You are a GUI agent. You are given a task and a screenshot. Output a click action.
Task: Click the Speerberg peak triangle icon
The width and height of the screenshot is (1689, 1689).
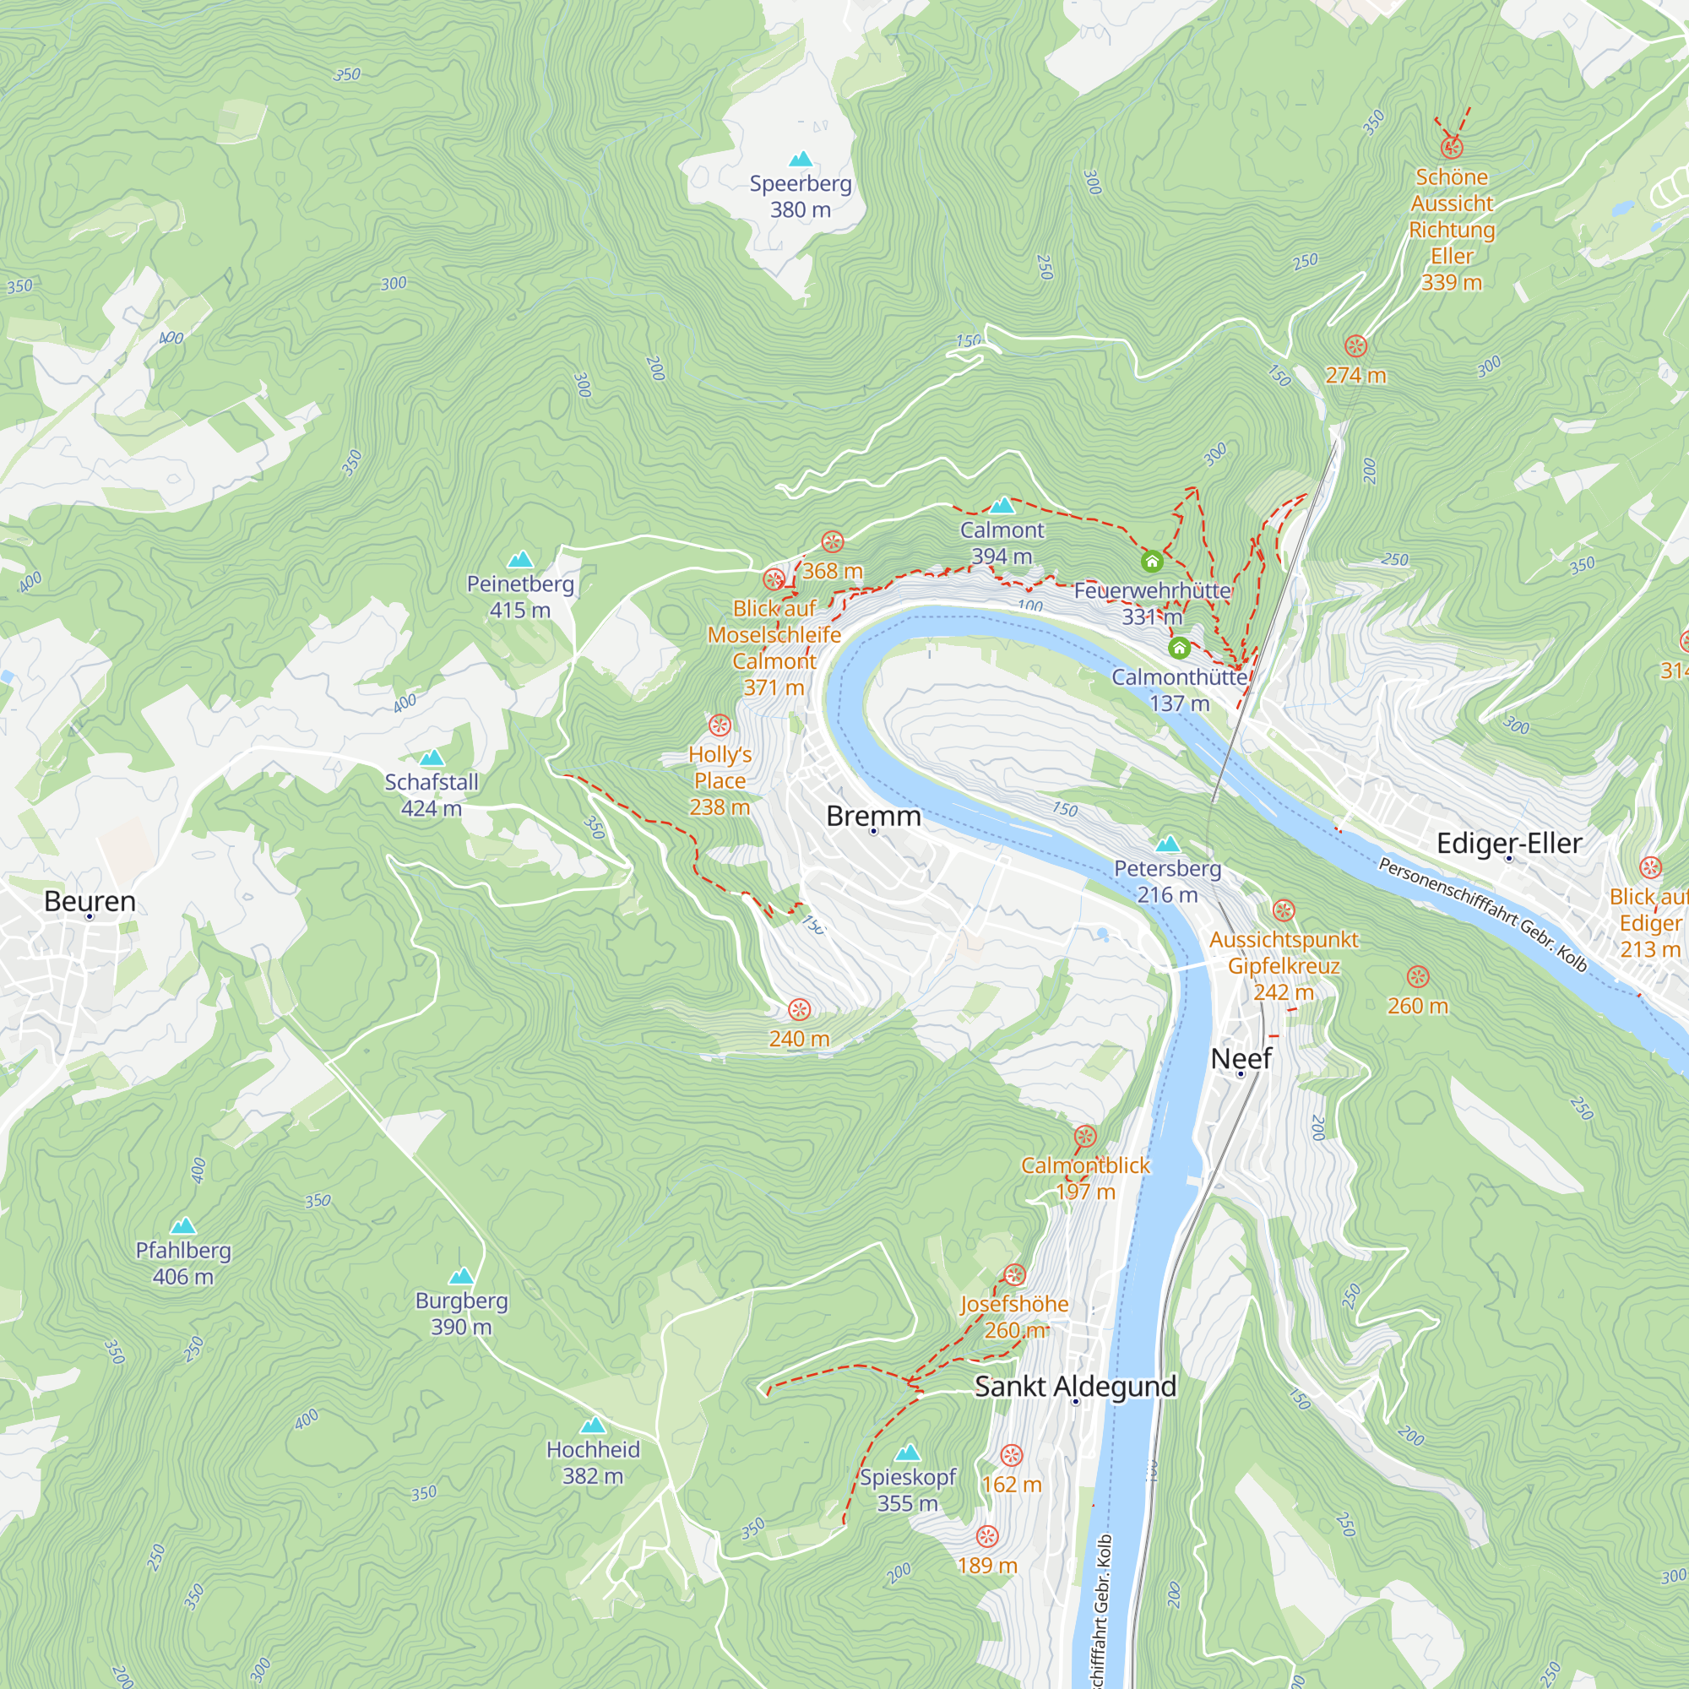click(x=801, y=159)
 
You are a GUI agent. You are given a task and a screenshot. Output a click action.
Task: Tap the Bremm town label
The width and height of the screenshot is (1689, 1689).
click(x=873, y=816)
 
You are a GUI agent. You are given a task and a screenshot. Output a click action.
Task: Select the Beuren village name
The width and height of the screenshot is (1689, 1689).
click(x=90, y=901)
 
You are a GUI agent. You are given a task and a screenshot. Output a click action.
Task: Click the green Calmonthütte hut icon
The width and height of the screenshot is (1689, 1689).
click(x=1179, y=648)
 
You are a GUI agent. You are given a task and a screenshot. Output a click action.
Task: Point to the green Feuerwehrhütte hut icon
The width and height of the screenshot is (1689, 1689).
click(x=1152, y=562)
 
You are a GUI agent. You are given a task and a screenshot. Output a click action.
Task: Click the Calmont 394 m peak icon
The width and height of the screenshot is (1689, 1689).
click(x=1002, y=505)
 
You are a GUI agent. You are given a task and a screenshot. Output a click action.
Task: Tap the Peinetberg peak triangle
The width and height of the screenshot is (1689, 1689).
click(x=520, y=560)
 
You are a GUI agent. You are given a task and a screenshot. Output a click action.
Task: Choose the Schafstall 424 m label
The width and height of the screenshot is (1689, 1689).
click(x=431, y=795)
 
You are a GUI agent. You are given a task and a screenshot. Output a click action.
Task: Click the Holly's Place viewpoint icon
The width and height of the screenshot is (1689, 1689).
click(x=720, y=725)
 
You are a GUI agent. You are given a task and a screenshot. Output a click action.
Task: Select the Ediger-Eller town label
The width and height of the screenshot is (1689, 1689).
click(x=1509, y=843)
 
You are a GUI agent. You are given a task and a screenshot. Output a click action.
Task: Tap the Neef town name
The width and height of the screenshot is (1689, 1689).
click(x=1241, y=1058)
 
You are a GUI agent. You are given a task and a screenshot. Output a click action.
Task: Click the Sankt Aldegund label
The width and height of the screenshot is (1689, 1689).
click(x=1075, y=1386)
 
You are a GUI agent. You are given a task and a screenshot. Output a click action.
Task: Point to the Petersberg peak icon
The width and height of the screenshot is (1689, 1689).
click(x=1168, y=844)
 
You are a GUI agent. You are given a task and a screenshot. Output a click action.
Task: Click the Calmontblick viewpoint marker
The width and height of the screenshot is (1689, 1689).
click(x=1085, y=1137)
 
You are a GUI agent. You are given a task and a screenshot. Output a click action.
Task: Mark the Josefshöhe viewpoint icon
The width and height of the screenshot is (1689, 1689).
click(x=1014, y=1274)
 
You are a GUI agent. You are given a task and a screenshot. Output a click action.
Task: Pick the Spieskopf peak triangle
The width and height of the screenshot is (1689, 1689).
click(x=908, y=1452)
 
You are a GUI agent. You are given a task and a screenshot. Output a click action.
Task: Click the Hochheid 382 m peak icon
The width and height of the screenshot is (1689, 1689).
click(x=593, y=1425)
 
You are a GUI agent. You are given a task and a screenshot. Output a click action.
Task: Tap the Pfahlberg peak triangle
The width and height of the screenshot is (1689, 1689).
click(x=182, y=1225)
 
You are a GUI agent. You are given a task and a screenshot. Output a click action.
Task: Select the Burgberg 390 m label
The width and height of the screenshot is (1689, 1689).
click(x=461, y=1313)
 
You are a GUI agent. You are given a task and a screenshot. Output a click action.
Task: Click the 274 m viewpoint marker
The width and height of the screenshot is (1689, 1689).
click(x=1355, y=346)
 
